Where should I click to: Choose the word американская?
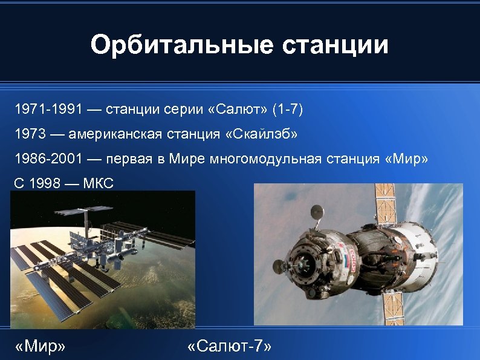point(114,134)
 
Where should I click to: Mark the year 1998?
point(44,183)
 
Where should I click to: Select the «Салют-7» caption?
point(230,345)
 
